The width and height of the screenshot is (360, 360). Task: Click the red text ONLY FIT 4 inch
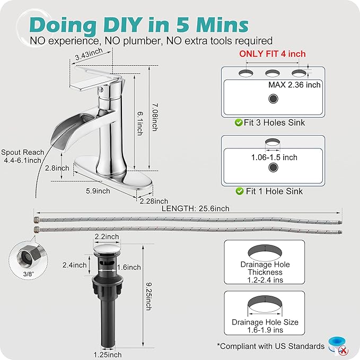pyautogui.click(x=273, y=54)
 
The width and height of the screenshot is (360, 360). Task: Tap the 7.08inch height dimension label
pyautogui.click(x=155, y=117)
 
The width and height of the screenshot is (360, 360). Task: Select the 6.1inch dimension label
pyautogui.click(x=140, y=124)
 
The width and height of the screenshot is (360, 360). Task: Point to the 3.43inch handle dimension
pyautogui.click(x=89, y=54)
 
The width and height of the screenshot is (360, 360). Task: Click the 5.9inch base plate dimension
pyautogui.click(x=98, y=191)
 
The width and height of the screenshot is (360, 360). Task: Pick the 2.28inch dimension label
pyautogui.click(x=154, y=201)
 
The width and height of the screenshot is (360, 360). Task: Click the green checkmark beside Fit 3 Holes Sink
pyautogui.click(x=239, y=122)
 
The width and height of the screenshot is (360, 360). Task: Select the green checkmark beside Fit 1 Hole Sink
pyautogui.click(x=240, y=191)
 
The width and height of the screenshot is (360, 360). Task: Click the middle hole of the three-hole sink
pyautogui.click(x=273, y=74)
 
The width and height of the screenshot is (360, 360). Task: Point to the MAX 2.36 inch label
pyautogui.click(x=294, y=85)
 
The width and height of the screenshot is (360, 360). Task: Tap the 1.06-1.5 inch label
pyautogui.click(x=274, y=157)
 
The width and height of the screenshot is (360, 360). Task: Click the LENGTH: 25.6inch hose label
pyautogui.click(x=196, y=208)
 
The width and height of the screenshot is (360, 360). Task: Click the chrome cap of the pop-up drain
pyautogui.click(x=107, y=249)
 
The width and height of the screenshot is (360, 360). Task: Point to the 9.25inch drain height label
pyautogui.click(x=149, y=296)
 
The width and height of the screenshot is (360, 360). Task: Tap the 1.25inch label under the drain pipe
pyautogui.click(x=108, y=355)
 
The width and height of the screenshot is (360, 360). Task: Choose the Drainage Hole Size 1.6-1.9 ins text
pyautogui.click(x=265, y=326)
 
